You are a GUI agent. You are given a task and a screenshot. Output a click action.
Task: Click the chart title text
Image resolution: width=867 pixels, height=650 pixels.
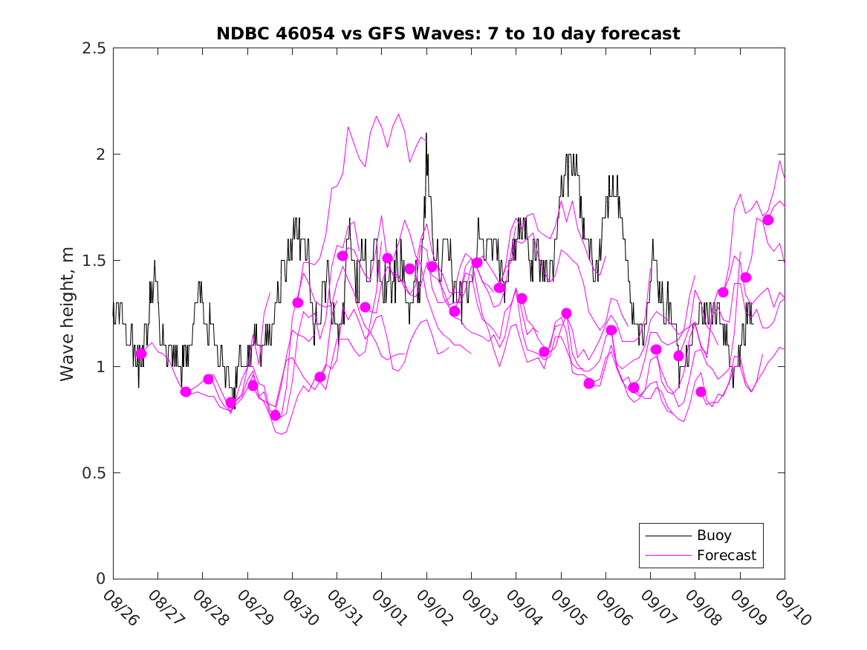coord(448,33)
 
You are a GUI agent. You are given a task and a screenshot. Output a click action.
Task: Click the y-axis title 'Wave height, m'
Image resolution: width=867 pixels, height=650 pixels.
coord(68,313)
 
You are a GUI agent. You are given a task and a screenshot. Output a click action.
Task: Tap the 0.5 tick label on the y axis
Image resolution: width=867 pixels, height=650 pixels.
coord(94,473)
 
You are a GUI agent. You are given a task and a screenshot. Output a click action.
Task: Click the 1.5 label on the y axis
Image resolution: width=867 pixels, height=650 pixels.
coord(94,261)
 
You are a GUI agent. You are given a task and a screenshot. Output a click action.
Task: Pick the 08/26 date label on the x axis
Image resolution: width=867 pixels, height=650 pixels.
coord(120,608)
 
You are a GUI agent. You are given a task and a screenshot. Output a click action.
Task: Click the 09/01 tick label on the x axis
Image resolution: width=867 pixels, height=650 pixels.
coord(389,608)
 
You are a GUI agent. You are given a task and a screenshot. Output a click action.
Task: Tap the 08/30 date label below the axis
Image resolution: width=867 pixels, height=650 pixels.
coord(299,608)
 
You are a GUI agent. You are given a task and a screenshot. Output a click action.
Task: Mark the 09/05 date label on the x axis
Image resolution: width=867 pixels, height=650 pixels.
coord(568,608)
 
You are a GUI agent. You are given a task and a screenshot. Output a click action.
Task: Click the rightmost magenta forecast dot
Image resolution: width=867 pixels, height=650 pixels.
coord(768,220)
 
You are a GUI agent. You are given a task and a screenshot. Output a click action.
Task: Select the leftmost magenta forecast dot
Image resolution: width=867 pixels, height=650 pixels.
coord(141,354)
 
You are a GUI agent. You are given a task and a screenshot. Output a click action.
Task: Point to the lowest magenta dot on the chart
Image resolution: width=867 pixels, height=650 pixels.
coord(276,415)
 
